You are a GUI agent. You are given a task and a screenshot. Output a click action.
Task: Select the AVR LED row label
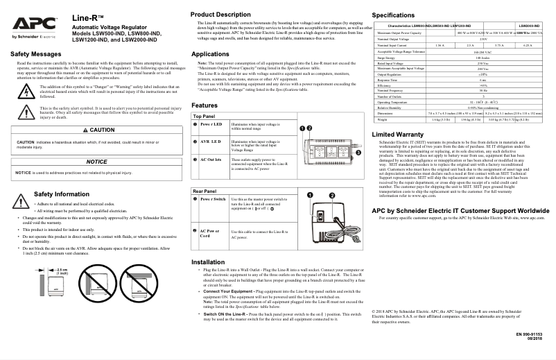coord(210,141)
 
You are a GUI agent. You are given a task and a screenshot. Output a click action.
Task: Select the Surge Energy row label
coord(387,58)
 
